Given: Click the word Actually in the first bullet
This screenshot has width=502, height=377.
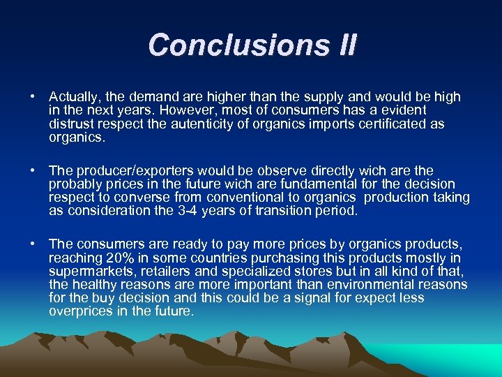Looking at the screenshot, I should (72, 97).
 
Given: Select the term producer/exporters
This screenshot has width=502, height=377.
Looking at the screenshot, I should (128, 170).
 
